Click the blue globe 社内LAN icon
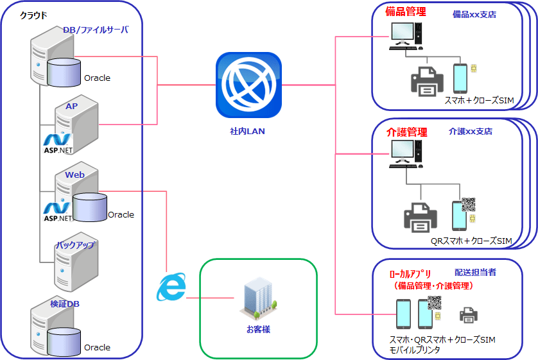tap(248, 85)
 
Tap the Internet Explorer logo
tap(171, 287)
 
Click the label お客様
tap(258, 329)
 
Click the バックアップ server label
tap(75, 245)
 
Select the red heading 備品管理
tap(406, 11)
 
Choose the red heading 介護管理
tap(406, 132)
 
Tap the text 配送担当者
tap(475, 272)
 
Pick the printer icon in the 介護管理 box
tap(420, 218)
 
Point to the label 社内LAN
tap(247, 131)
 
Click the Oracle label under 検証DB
tap(98, 347)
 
